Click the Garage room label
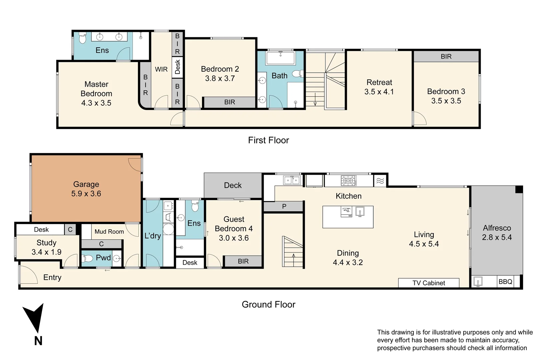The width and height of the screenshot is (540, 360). click(x=86, y=184)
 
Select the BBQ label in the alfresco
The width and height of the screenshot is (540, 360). click(x=505, y=282)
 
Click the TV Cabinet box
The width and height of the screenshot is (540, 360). click(x=429, y=283)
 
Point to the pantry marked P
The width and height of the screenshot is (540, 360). click(x=283, y=206)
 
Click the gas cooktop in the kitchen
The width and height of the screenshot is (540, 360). click(x=349, y=181)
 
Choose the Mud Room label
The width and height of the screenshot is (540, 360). click(x=109, y=231)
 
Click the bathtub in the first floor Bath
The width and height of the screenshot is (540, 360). click(x=280, y=58)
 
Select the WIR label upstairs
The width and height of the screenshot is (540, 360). click(x=161, y=69)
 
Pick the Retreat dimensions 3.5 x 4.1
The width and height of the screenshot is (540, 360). click(x=379, y=92)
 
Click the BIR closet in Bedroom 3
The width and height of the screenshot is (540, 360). click(x=446, y=56)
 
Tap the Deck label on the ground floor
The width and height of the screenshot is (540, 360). click(x=233, y=185)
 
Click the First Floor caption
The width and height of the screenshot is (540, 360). click(x=269, y=140)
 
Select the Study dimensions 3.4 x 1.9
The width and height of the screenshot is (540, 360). click(x=47, y=252)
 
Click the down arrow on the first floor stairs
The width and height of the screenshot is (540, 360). click(x=315, y=100)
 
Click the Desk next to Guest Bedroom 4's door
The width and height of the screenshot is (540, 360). click(x=190, y=263)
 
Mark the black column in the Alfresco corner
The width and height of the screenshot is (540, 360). click(x=519, y=189)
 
